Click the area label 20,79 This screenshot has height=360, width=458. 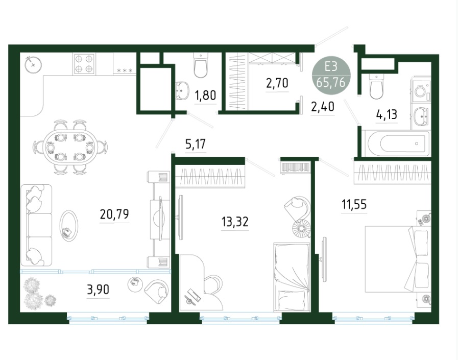tap(114, 214)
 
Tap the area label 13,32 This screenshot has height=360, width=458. tap(235, 222)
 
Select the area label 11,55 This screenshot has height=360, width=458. tap(354, 205)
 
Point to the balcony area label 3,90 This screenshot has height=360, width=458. tap(98, 290)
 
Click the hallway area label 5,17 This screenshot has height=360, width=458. tap(196, 144)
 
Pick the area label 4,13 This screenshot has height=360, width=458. tap(387, 114)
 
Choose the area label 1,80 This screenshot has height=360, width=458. tap(205, 95)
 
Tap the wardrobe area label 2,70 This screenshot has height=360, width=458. tap(277, 83)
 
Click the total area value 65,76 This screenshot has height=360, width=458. tap(331, 83)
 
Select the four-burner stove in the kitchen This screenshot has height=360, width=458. tap(84, 63)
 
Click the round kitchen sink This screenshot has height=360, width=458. tap(33, 64)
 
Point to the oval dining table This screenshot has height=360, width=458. tap(70, 147)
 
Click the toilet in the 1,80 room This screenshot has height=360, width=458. tap(201, 65)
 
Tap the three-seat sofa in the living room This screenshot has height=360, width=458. tap(36, 225)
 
